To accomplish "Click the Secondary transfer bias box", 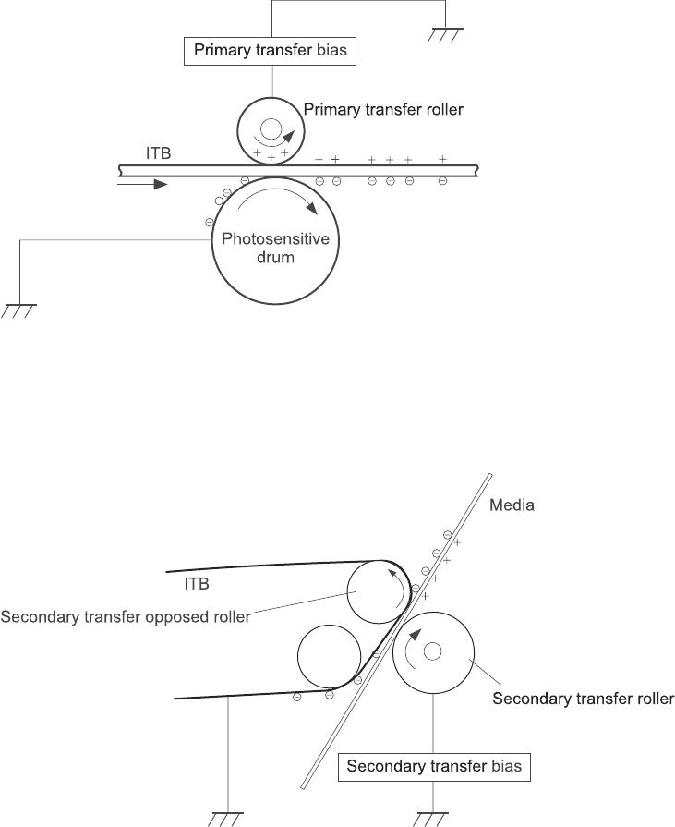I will click(434, 766).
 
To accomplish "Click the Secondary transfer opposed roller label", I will click(127, 616).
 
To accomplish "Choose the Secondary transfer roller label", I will click(583, 699).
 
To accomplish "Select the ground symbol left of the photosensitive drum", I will click(18, 311).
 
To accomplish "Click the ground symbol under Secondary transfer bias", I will click(432, 817).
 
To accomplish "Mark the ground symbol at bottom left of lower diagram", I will click(225, 817).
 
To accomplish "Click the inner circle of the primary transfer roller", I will click(271, 129).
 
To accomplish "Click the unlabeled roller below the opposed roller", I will click(329, 656).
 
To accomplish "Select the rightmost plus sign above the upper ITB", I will click(443, 160).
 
